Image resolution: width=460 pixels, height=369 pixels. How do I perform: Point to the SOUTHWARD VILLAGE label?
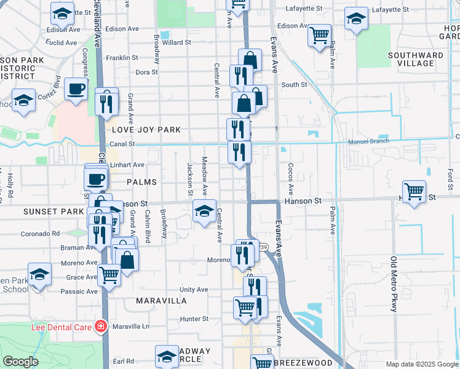(416, 59)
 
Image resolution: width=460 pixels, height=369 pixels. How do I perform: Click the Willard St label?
(177, 43)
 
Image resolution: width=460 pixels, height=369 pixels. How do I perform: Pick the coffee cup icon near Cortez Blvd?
(76, 89)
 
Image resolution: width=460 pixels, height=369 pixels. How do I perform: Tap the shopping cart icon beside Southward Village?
(320, 36)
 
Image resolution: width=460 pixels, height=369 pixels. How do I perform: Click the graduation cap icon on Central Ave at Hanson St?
(205, 211)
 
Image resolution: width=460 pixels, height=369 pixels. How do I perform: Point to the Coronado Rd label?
(40, 234)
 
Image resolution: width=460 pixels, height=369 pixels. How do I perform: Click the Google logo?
(20, 362)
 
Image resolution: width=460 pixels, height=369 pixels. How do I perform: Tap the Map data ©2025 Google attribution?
(421, 364)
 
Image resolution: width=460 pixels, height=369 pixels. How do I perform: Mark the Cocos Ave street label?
(291, 177)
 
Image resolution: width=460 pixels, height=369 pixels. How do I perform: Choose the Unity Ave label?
(194, 289)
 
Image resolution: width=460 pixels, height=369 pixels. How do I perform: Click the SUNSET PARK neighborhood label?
(44, 212)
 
